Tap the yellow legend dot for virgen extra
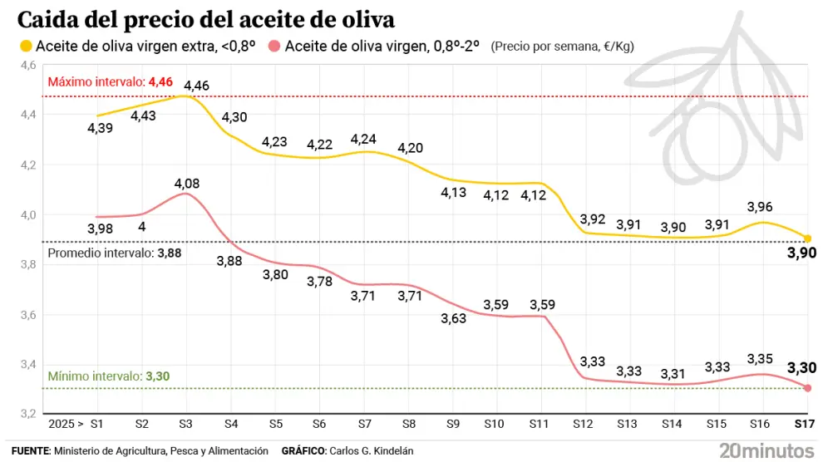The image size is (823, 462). pos(26,47)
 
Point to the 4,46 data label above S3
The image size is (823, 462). pos(197,85)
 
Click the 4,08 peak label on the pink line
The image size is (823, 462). pos(186,183)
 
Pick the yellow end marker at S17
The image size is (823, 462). pos(808,238)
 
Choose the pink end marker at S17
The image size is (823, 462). pos(808,388)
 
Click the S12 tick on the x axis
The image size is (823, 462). pos(582,424)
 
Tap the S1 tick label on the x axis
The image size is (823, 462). pos(97,424)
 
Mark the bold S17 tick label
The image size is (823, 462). pos(803,424)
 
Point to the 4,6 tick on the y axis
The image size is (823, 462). pos(27,65)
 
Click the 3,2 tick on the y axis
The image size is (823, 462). pos(27,414)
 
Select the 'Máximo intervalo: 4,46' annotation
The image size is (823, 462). pos(111,82)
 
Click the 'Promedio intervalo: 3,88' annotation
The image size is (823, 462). pos(112,253)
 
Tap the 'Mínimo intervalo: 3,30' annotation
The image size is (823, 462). pos(109,376)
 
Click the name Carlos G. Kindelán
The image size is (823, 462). pos(372,450)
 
